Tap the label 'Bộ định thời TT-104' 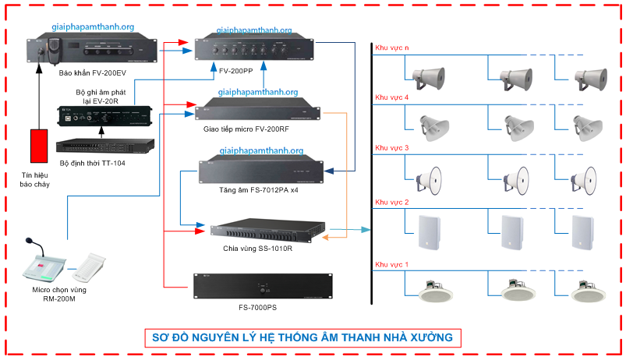coord(90,163)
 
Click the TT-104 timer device coord(104,145)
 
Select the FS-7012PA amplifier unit coord(260,169)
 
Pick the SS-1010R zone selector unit coord(267,231)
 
